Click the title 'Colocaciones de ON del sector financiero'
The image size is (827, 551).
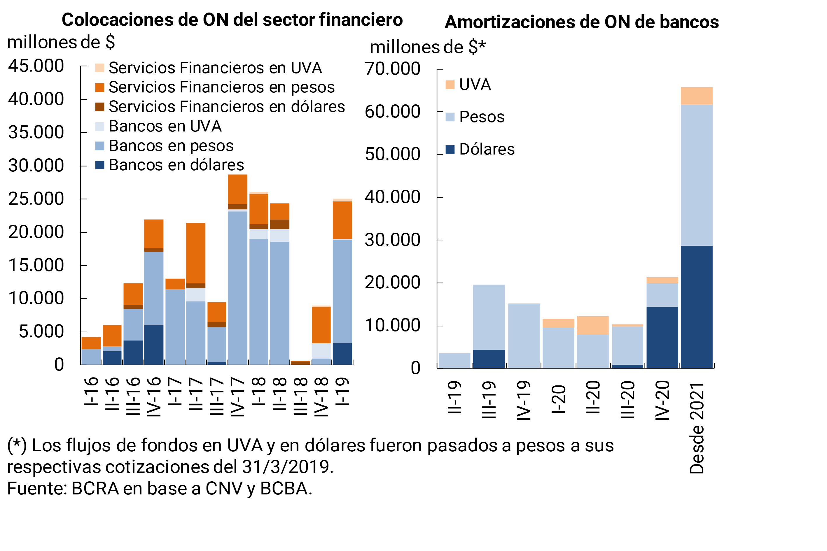(232, 20)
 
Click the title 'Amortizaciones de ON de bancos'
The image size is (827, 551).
(582, 22)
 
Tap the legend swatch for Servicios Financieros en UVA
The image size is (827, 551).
(99, 68)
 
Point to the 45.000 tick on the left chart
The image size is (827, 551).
(36, 66)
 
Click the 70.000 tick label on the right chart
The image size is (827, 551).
(392, 69)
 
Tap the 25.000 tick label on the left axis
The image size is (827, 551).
(36, 199)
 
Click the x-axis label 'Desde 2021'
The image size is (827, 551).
(697, 428)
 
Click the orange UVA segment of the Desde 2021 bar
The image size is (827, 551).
(697, 96)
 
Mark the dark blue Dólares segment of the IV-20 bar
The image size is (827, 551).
(662, 337)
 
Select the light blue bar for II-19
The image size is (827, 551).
(454, 361)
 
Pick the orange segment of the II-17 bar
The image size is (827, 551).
(196, 253)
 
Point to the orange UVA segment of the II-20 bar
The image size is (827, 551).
(593, 325)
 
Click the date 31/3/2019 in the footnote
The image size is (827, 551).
(286, 467)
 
